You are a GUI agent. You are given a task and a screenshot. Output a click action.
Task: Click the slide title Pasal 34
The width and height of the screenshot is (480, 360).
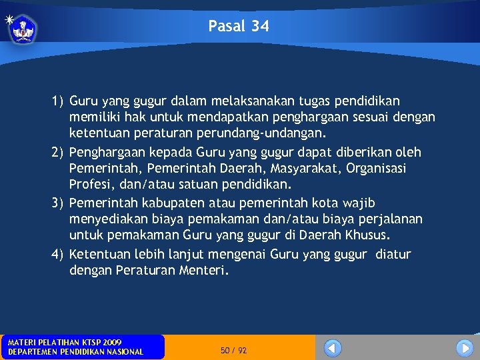(239, 26)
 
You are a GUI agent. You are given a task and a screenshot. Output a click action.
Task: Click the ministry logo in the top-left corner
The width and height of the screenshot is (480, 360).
(21, 28)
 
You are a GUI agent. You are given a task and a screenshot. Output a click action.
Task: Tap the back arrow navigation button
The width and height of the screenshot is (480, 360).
(333, 348)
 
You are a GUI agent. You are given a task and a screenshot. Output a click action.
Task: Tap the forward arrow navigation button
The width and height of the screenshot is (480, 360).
(464, 348)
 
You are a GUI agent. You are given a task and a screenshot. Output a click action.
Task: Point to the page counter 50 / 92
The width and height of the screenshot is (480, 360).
(233, 350)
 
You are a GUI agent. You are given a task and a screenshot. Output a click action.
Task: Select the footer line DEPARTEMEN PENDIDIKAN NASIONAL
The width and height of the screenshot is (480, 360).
(75, 352)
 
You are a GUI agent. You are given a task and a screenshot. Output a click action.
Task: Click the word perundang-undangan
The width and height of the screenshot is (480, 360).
(270, 134)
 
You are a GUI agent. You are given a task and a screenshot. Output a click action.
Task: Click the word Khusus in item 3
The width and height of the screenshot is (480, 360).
(369, 235)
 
